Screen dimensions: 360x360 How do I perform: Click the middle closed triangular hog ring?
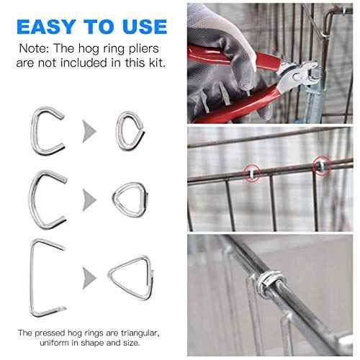click(x=130, y=197)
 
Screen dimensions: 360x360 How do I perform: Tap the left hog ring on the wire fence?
click(x=251, y=173)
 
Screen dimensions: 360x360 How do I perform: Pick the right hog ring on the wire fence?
click(x=318, y=168)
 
